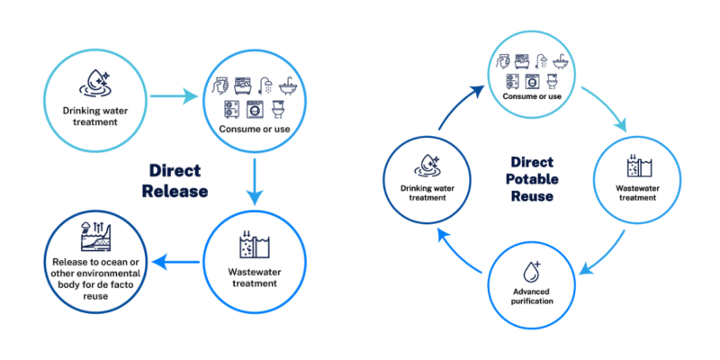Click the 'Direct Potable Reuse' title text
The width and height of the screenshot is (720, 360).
click(x=531, y=178)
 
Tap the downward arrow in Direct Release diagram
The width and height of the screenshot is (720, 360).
click(x=256, y=184)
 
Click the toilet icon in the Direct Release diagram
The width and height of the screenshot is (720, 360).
click(x=278, y=110)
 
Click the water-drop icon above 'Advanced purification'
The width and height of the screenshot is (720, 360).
click(x=529, y=271)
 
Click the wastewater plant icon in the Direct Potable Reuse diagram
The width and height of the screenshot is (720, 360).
click(x=636, y=166)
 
